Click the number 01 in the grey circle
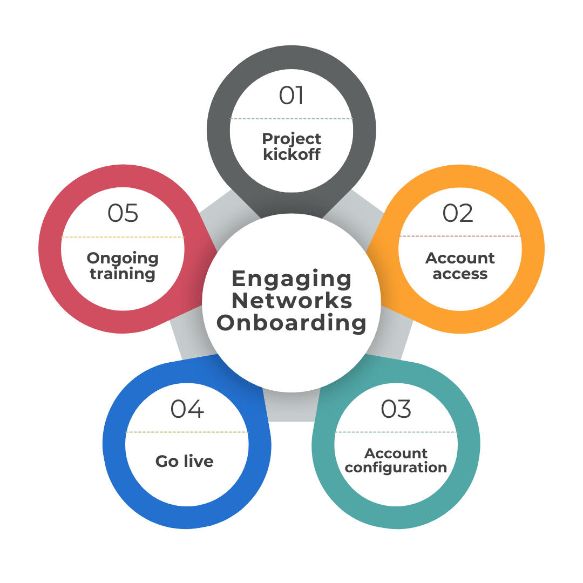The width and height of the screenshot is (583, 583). [291, 96]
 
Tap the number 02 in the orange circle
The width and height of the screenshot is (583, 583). [458, 213]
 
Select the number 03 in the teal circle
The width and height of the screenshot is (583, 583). [396, 409]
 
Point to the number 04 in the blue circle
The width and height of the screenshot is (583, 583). [187, 409]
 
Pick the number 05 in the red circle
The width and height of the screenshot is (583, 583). [123, 213]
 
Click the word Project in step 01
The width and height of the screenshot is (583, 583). [291, 139]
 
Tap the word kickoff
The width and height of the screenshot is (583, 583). [291, 154]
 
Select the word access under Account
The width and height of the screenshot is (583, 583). [460, 274]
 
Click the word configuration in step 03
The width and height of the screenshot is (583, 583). [396, 467]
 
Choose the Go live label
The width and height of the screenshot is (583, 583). [185, 462]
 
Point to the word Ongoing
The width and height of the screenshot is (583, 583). [123, 258]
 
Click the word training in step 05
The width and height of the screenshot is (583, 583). [123, 274]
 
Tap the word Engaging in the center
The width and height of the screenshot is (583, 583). [291, 279]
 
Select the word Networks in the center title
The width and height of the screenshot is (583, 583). [291, 301]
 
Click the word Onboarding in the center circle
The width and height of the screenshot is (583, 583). [291, 323]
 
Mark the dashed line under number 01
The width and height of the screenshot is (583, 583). [291, 119]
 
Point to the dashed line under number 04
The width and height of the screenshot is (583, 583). [187, 432]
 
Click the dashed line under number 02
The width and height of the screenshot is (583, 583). [460, 236]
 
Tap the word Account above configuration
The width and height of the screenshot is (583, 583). [396, 453]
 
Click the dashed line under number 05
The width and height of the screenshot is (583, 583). [123, 237]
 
